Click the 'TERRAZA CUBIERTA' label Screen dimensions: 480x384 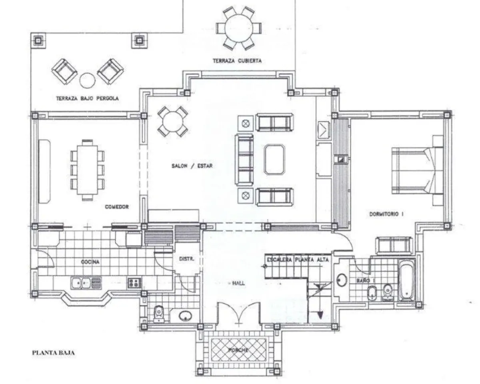click(237, 61)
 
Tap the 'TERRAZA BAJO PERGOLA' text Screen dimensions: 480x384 click(87, 98)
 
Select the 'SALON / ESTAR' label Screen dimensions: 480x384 click(192, 166)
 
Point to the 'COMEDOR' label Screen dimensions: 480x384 click(117, 207)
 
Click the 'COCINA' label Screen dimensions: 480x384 click(90, 262)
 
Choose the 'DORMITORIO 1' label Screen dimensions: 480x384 click(386, 214)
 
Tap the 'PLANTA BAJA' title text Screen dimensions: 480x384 click(53, 353)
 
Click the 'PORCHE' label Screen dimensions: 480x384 click(238, 350)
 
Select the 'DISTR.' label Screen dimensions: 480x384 click(187, 259)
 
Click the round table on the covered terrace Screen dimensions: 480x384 click(239, 28)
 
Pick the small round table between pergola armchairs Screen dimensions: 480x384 click(88, 80)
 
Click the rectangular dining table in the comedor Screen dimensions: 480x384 click(88, 170)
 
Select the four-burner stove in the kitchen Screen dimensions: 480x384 click(134, 283)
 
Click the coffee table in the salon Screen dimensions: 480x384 click(274, 159)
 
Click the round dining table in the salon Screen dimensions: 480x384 click(173, 122)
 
